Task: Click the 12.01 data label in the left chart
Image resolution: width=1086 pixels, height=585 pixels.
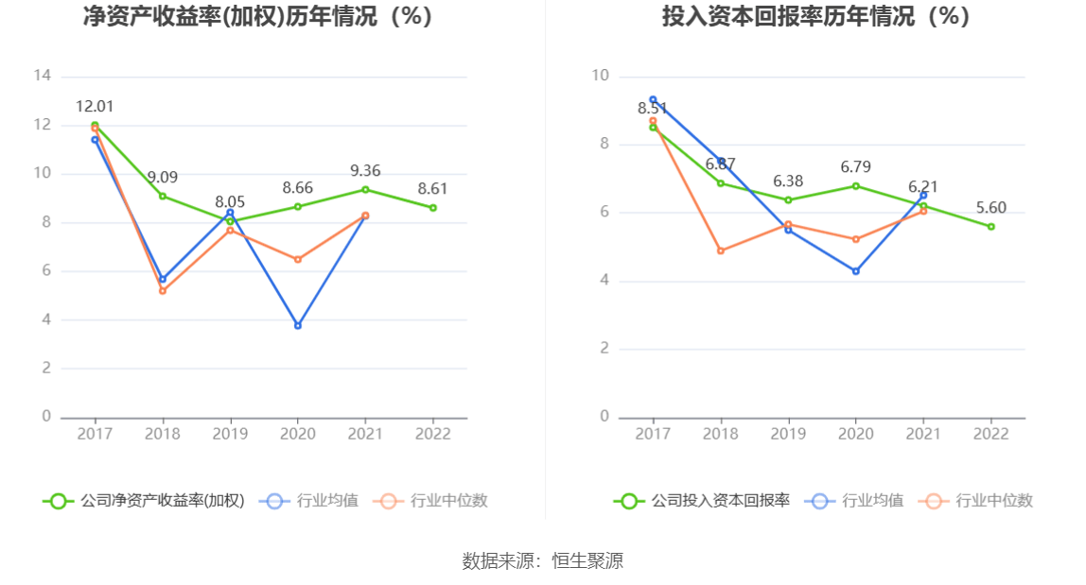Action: (95, 107)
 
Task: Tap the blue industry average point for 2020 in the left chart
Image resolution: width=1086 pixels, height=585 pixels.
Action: (298, 325)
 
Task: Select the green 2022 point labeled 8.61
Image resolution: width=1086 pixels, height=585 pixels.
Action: (433, 208)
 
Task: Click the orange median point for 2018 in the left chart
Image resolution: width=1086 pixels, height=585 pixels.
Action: (163, 290)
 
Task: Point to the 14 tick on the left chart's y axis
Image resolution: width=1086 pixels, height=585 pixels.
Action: (42, 76)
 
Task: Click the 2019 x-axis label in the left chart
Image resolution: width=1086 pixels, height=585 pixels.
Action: (230, 433)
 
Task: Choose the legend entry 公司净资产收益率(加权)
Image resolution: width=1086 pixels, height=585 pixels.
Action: (144, 501)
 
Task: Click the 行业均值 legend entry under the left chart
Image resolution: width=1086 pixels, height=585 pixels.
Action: (312, 501)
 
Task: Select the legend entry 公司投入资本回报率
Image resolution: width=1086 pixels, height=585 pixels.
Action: (702, 501)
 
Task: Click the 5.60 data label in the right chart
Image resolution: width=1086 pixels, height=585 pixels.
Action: (991, 208)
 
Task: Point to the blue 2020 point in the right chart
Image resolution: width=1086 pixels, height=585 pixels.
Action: (856, 271)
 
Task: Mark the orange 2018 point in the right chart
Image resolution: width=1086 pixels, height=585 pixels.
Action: (721, 250)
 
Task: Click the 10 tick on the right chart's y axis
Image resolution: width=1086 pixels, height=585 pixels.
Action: (600, 76)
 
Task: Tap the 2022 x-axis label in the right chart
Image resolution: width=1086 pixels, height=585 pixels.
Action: (991, 433)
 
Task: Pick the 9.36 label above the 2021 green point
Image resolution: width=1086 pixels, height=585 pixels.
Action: (365, 171)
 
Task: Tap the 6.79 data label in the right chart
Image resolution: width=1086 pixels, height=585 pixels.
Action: (856, 167)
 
